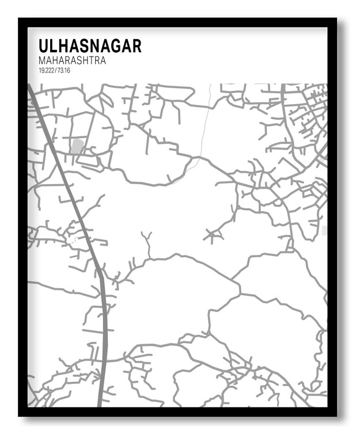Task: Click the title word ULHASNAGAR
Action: [x=89, y=46]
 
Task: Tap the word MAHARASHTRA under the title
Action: [x=72, y=60]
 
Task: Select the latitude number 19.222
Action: [x=47, y=70]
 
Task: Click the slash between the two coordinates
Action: [x=56, y=70]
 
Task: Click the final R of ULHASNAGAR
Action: [x=136, y=46]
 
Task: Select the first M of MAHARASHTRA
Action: [x=43, y=60]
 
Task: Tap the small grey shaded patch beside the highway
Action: [x=77, y=146]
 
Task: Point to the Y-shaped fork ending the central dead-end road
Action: [x=147, y=236]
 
